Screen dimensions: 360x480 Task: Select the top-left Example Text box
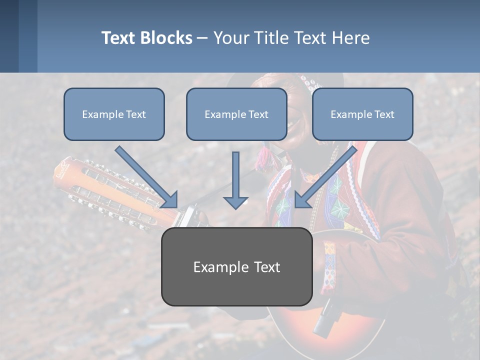point(114,114)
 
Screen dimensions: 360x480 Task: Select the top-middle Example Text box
point(236,114)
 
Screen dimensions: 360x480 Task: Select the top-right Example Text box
point(362,114)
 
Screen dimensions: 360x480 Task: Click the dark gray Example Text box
point(236,266)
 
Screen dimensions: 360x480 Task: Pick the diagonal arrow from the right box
point(326,176)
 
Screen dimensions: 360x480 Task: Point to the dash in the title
point(202,38)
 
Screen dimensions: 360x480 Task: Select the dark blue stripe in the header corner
point(9,36)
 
